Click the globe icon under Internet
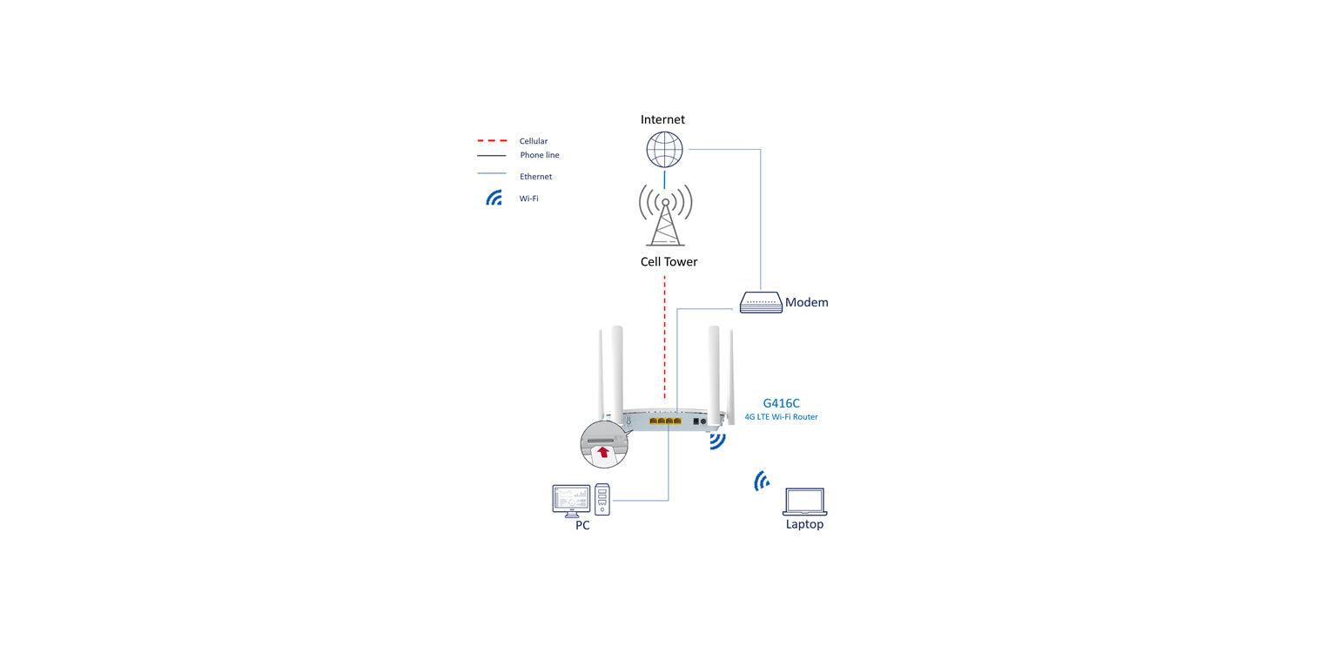tap(664, 150)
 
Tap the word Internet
tap(662, 119)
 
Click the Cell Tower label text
tap(669, 261)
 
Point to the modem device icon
tap(761, 302)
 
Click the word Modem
tap(806, 303)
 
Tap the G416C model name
tap(781, 403)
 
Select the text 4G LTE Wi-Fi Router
tap(781, 417)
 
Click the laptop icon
tap(804, 502)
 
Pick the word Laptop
tap(804, 524)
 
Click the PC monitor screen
tap(571, 499)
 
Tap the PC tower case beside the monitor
tap(602, 501)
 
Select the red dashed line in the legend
tap(491, 141)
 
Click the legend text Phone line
tap(540, 155)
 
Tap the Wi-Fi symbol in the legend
tap(494, 199)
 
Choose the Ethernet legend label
tap(535, 177)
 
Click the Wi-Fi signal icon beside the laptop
tap(762, 481)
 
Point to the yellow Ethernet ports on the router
tap(665, 421)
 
